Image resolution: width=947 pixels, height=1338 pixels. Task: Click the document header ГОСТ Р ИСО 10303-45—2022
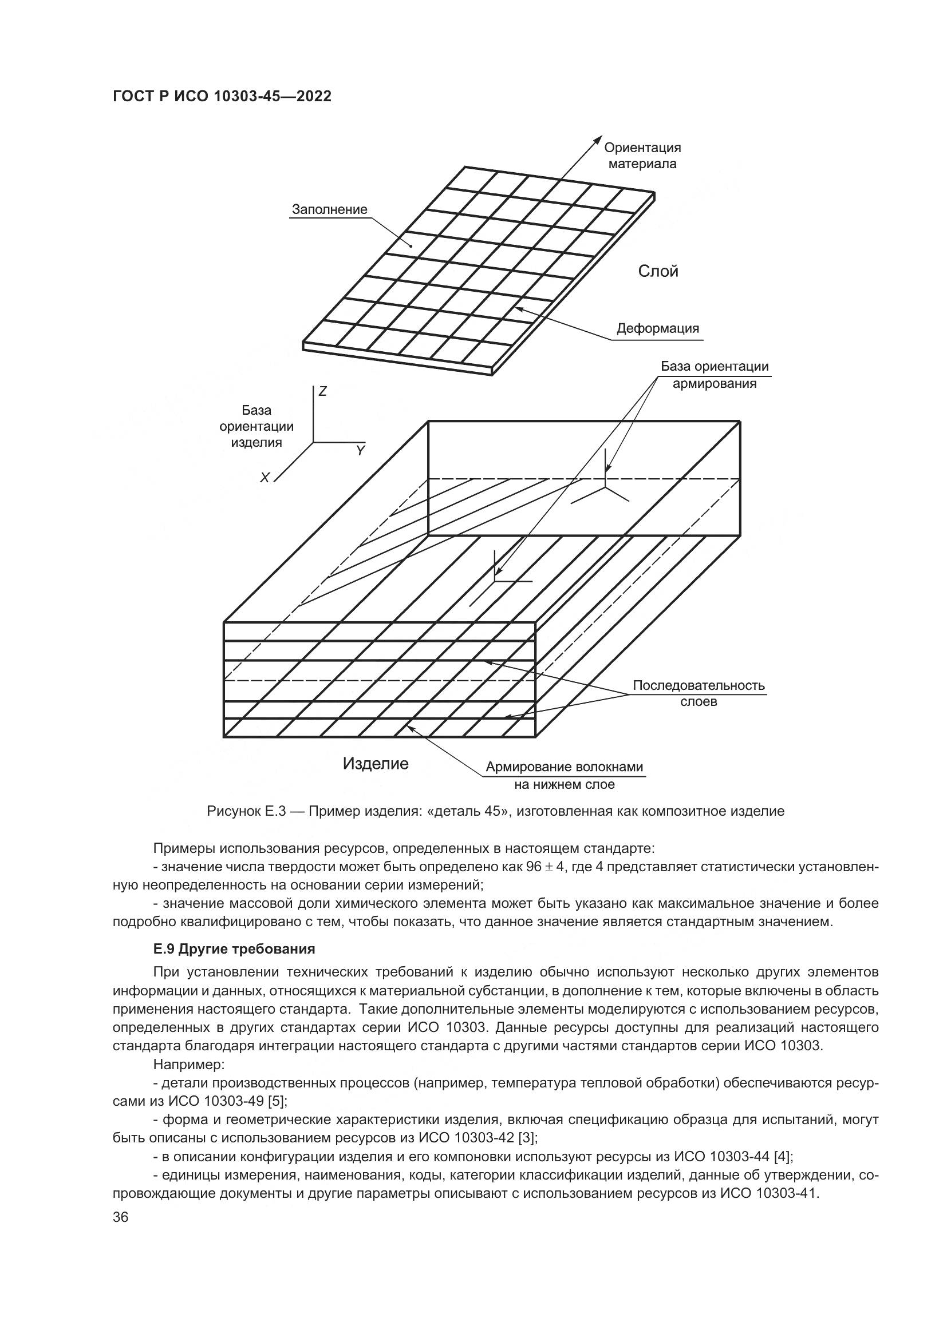point(222,97)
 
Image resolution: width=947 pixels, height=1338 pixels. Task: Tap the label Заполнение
point(329,209)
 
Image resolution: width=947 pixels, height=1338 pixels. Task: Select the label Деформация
point(658,328)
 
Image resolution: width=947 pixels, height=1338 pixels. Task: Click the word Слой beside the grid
point(658,272)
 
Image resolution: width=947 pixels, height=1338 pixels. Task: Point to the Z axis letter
point(322,392)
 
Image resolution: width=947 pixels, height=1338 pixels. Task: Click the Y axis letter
point(360,451)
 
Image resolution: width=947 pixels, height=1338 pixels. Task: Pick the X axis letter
point(265,478)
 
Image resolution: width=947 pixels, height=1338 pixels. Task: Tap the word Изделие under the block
point(376,764)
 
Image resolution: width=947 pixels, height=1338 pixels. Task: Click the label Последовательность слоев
point(699,693)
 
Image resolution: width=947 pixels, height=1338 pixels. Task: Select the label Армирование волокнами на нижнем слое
point(565,776)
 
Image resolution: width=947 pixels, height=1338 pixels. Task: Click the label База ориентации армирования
point(715,375)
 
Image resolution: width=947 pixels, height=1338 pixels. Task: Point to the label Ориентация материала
point(642,156)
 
